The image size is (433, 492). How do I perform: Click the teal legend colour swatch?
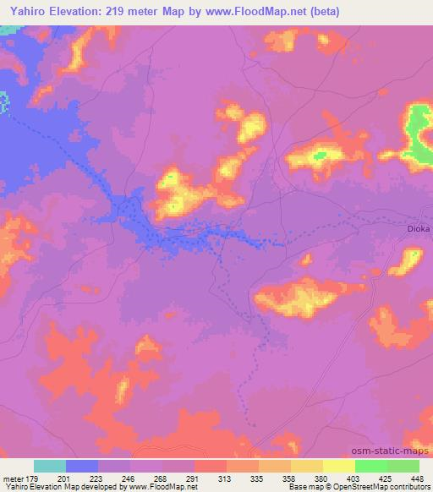coord(50,466)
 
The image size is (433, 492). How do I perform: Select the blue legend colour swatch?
coord(82,466)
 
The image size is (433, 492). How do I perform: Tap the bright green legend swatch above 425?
coord(371,466)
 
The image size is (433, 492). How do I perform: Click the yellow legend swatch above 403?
coord(339,466)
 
